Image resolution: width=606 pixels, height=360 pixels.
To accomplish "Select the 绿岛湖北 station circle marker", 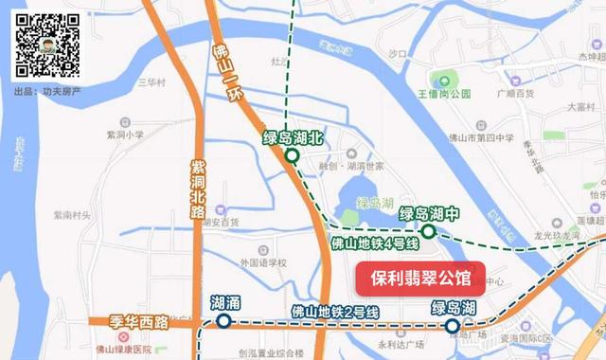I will (x=293, y=156).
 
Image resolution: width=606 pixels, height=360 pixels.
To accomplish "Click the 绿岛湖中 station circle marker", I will (x=429, y=231).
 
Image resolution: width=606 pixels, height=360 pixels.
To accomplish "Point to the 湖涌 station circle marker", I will (x=223, y=321).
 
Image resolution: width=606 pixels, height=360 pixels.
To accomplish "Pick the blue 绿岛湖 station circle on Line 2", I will (x=453, y=325).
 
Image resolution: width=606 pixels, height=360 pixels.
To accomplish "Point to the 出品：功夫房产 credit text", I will (x=46, y=92).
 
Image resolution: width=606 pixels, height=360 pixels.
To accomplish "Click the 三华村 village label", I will (x=150, y=82).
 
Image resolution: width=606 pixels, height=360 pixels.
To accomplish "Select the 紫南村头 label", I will (x=72, y=215).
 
